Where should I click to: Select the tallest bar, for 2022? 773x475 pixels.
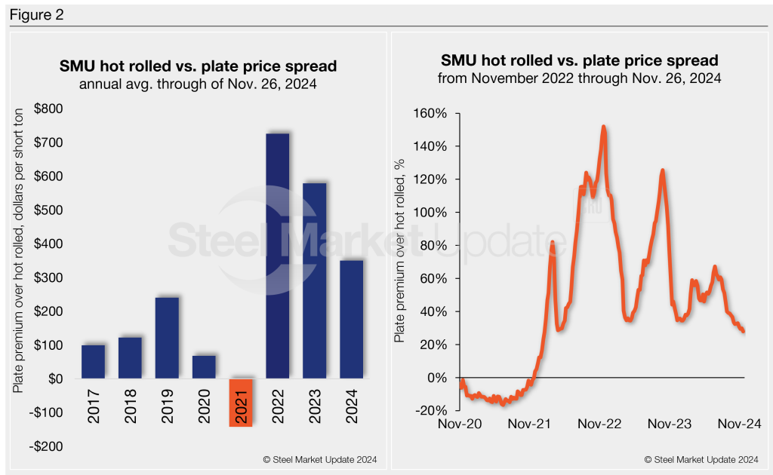[278, 256]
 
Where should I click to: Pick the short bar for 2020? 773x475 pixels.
[204, 367]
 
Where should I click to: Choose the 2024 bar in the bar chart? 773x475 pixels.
[352, 320]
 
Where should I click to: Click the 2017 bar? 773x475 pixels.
[93, 362]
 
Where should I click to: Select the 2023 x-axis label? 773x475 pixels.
[315, 405]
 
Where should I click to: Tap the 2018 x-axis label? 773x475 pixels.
[130, 405]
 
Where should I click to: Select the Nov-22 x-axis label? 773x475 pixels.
[600, 424]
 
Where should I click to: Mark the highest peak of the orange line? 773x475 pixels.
[603, 127]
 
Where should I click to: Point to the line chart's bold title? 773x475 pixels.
[579, 60]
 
